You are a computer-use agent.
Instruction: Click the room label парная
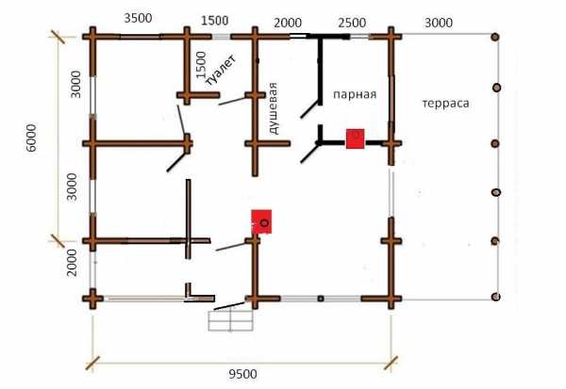pyautogui.click(x=355, y=94)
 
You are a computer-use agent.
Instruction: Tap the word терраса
pyautogui.click(x=446, y=104)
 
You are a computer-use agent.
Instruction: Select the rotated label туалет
pyautogui.click(x=221, y=71)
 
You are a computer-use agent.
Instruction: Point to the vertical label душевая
pyautogui.click(x=274, y=108)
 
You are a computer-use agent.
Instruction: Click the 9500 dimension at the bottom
pyautogui.click(x=243, y=374)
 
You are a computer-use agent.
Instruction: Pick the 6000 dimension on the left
pyautogui.click(x=32, y=138)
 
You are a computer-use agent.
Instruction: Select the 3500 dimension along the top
pyautogui.click(x=138, y=18)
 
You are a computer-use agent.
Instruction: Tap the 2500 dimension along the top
pyautogui.click(x=352, y=23)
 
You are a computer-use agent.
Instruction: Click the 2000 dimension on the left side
pyautogui.click(x=72, y=263)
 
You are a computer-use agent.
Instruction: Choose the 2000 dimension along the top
pyautogui.click(x=288, y=23)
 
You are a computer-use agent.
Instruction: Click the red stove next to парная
pyautogui.click(x=356, y=138)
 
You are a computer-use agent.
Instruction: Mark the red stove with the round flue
pyautogui.click(x=261, y=221)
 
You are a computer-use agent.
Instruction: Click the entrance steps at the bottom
pyautogui.click(x=231, y=320)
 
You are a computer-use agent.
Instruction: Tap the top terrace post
pyautogui.click(x=495, y=37)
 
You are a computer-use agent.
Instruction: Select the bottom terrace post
pyautogui.click(x=495, y=297)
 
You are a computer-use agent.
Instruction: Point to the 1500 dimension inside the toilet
pyautogui.click(x=201, y=65)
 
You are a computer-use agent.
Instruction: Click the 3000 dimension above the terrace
pyautogui.click(x=439, y=23)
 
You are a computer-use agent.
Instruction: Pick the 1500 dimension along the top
pyautogui.click(x=215, y=21)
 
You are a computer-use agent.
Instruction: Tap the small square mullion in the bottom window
pyautogui.click(x=321, y=299)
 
